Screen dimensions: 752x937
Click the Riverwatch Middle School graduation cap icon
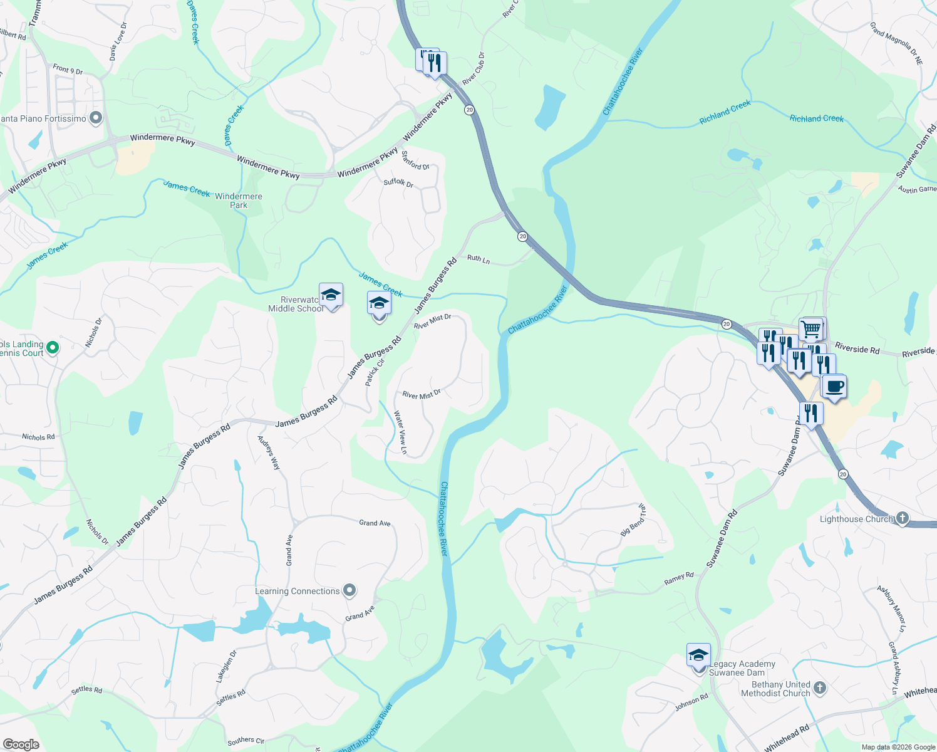331,295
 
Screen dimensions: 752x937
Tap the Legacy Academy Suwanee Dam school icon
698,655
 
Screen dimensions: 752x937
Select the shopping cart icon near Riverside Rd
811,328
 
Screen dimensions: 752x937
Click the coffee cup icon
834,387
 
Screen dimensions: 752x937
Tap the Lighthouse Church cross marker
902,518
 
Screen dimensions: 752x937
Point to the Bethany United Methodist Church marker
819,689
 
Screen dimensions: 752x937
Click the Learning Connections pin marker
349,590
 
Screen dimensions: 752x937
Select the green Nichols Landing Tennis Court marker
53,347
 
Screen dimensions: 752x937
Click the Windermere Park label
239,201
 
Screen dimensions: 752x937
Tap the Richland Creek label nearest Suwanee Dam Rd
816,118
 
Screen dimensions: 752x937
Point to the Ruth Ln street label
479,258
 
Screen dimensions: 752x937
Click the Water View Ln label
400,432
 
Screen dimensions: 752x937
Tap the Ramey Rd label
679,578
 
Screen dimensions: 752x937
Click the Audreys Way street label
269,452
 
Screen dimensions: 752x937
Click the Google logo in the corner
21,744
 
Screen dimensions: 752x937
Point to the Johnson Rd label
691,702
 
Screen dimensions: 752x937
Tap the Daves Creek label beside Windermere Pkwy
234,125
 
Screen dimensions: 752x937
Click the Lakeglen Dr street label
227,666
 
